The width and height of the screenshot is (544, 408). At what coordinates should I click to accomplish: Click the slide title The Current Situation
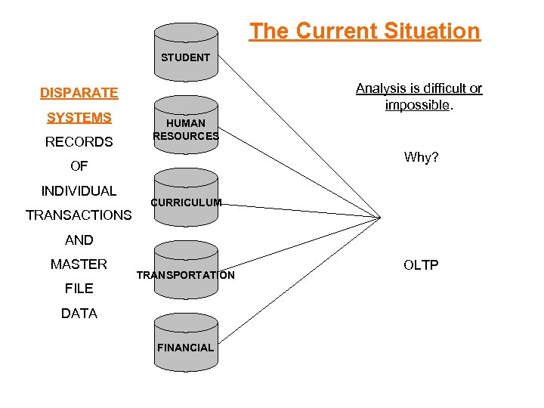tap(365, 31)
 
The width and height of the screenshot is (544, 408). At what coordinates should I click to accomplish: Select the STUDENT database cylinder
tap(186, 53)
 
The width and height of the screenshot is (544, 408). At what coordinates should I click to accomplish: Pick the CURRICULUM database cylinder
tap(186, 199)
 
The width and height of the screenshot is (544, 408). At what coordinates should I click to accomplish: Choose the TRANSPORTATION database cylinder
tap(186, 270)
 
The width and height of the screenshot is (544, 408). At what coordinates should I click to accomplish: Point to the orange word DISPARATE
tap(79, 93)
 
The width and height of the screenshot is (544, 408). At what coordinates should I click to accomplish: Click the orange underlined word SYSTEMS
tap(79, 117)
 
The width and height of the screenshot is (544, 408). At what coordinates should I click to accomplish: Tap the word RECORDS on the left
tap(79, 142)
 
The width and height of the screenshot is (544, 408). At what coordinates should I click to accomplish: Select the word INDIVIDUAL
tap(79, 190)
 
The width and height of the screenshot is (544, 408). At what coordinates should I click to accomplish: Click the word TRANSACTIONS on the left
tap(79, 215)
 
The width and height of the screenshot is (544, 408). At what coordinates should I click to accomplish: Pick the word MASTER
tap(79, 264)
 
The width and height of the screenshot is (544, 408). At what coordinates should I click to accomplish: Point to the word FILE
tap(79, 288)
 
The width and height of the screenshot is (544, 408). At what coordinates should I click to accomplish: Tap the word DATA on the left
tap(79, 313)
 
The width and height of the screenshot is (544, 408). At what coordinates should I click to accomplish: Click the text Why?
tap(421, 157)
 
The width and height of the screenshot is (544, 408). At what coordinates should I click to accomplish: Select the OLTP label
tap(421, 264)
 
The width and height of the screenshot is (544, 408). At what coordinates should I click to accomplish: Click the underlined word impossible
tap(417, 105)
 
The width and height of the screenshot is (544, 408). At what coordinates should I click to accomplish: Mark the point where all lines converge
tap(381, 218)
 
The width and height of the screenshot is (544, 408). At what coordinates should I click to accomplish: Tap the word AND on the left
tap(79, 240)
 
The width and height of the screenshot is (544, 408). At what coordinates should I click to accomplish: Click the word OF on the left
tap(79, 166)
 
